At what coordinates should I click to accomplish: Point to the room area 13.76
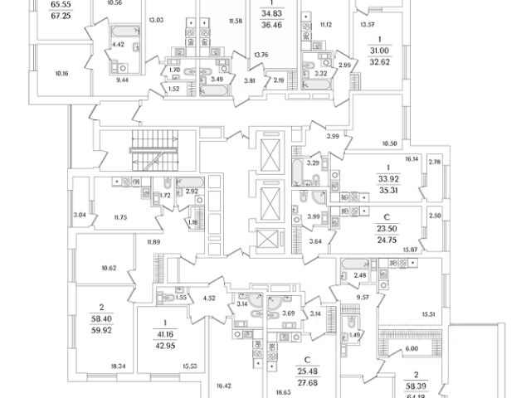click(261, 56)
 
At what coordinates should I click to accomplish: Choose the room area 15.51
click(429, 314)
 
